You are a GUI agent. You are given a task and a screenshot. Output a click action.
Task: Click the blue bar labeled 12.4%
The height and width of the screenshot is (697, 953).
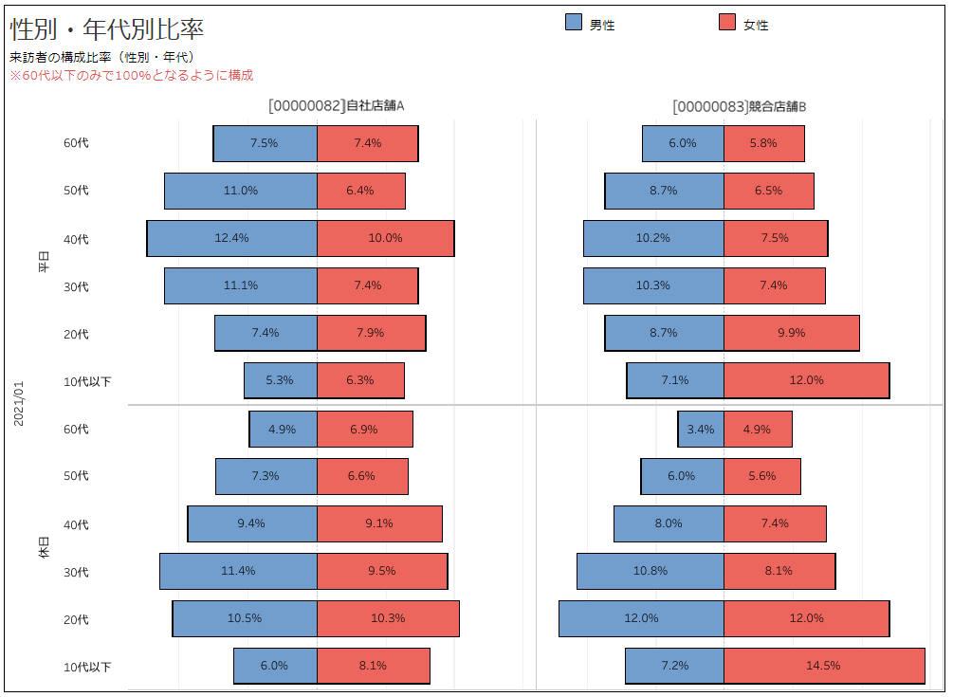(231, 238)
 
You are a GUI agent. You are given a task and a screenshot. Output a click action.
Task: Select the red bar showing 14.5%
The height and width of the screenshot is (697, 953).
(823, 666)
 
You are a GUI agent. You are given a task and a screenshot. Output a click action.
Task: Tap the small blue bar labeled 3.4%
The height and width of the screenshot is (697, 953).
(701, 429)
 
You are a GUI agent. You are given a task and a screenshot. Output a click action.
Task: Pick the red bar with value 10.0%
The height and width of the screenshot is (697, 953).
(385, 238)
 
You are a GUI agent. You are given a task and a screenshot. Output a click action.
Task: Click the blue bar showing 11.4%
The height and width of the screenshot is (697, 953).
(238, 571)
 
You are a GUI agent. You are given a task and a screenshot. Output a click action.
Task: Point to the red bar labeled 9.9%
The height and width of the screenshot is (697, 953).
(791, 333)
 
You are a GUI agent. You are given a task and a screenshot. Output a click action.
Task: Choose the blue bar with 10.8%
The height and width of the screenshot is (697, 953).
(650, 571)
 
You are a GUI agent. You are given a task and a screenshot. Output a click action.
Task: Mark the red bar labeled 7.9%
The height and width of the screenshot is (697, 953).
(371, 333)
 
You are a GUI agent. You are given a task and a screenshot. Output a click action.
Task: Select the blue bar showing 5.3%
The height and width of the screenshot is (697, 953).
(280, 380)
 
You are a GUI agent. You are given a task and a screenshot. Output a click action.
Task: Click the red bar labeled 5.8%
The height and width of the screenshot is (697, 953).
(763, 143)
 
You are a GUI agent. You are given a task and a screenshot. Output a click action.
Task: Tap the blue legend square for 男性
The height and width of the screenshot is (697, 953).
(574, 23)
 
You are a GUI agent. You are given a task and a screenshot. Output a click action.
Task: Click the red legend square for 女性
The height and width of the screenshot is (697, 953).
(727, 23)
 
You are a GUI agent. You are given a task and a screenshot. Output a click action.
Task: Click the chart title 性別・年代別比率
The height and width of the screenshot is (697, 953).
(106, 28)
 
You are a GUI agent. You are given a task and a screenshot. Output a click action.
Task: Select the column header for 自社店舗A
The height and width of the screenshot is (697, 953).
(337, 106)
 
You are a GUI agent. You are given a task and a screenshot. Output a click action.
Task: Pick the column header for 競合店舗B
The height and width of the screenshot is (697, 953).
(739, 106)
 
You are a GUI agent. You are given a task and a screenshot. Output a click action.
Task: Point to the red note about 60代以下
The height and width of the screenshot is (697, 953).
(131, 75)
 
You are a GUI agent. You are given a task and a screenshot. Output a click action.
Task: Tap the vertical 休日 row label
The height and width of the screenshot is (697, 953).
(44, 547)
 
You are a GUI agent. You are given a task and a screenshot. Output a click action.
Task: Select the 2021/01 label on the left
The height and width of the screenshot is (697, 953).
(19, 404)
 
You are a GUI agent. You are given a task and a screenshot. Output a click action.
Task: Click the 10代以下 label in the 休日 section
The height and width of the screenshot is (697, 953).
(87, 667)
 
